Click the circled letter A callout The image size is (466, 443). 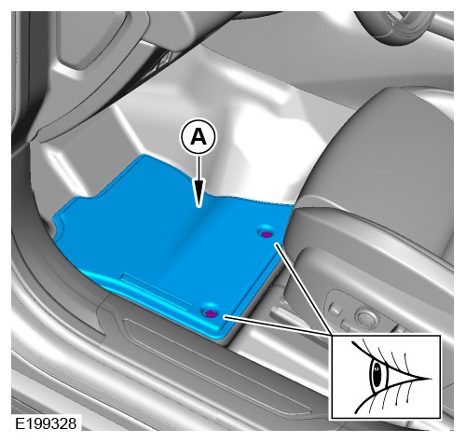199,139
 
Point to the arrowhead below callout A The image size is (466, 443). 199,200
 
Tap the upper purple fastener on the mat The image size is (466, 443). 267,234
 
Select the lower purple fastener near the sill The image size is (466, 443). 211,313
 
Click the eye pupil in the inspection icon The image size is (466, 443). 377,376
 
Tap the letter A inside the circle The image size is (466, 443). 199,139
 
